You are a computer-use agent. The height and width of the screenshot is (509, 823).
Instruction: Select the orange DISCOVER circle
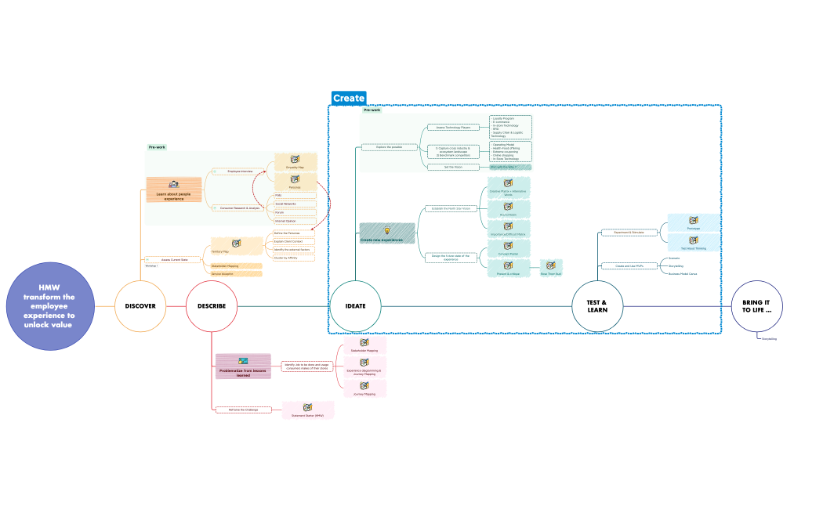(x=141, y=306)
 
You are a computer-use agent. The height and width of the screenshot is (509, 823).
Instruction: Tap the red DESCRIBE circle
(x=212, y=306)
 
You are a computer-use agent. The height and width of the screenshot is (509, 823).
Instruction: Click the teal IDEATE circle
(x=355, y=306)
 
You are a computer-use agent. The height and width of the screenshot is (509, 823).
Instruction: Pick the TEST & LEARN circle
(x=597, y=306)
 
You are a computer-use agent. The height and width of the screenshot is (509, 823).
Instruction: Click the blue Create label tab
(x=348, y=98)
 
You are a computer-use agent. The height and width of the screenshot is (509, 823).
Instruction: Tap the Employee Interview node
(x=239, y=171)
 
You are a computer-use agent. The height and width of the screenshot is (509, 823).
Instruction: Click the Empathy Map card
(x=295, y=161)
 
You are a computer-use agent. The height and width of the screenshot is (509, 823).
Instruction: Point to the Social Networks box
(x=295, y=204)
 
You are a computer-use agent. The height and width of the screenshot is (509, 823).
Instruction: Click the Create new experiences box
(x=387, y=234)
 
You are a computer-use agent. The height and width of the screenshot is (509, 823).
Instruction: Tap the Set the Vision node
(x=452, y=167)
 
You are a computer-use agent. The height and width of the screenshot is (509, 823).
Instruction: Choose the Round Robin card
(x=508, y=209)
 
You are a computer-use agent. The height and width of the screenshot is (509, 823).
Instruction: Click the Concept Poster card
(x=508, y=249)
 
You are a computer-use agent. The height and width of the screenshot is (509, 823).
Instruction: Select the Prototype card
(x=693, y=223)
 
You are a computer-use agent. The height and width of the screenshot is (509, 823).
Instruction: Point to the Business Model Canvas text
(x=683, y=274)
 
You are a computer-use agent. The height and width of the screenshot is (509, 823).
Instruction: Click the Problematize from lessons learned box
(x=243, y=366)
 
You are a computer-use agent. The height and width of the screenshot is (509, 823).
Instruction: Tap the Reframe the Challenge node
(x=243, y=410)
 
